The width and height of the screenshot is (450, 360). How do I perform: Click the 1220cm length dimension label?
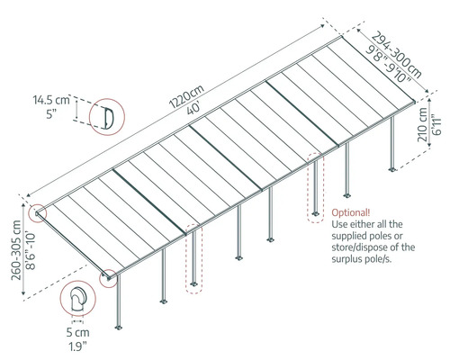point(186,96)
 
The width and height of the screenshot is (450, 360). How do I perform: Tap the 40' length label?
point(193,108)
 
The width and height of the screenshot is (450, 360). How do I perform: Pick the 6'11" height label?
point(436,124)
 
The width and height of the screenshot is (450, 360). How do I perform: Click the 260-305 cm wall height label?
point(16,250)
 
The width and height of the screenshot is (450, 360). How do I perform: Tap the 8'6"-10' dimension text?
point(31,250)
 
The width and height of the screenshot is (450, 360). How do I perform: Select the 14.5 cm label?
point(51,100)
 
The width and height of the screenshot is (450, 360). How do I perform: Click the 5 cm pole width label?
point(78,332)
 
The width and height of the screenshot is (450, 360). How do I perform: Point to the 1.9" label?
point(78,346)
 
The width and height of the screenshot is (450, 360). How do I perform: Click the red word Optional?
point(351,212)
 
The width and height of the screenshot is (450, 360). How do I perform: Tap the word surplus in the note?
point(346,259)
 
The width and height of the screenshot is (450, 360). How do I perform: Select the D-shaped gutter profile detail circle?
point(107,117)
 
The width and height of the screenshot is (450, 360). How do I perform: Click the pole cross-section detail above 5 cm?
point(78,299)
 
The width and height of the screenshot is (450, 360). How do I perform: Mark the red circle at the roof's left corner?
point(38,213)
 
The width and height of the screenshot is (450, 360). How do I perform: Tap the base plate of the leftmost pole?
point(119,327)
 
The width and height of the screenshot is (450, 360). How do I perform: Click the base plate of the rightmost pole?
point(392,169)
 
